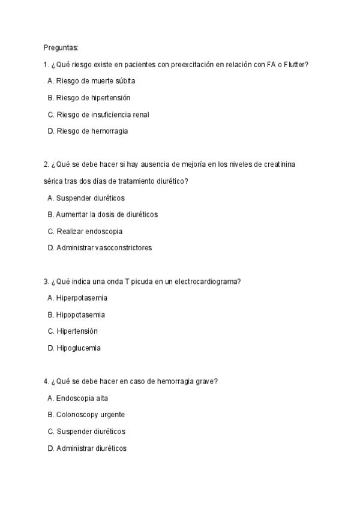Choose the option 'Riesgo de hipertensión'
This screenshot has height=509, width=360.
(88, 97)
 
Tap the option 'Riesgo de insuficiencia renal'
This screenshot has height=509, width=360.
(98, 114)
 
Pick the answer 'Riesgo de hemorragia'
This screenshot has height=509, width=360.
(88, 130)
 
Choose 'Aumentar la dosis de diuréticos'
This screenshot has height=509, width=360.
(103, 214)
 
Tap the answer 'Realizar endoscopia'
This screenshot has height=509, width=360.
(84, 231)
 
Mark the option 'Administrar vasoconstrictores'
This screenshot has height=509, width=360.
(99, 247)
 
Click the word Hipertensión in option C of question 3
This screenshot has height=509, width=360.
(77, 331)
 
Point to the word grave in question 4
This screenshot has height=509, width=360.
(208, 381)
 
